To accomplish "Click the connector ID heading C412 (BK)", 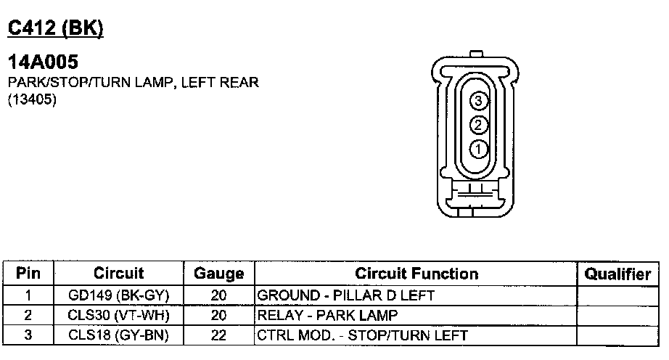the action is pos(55,28).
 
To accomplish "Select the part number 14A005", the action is pos(43,62).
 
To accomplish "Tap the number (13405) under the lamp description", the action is pos(32,99).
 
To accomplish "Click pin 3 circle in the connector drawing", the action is pos(478,101).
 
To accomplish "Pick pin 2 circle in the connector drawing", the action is pos(478,125).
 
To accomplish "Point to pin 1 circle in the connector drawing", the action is pos(478,150).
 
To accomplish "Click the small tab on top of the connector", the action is pos(476,54).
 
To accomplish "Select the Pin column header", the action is pos(28,273).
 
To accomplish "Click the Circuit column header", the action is pos(118,273).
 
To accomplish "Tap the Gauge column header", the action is pos(219,274).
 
